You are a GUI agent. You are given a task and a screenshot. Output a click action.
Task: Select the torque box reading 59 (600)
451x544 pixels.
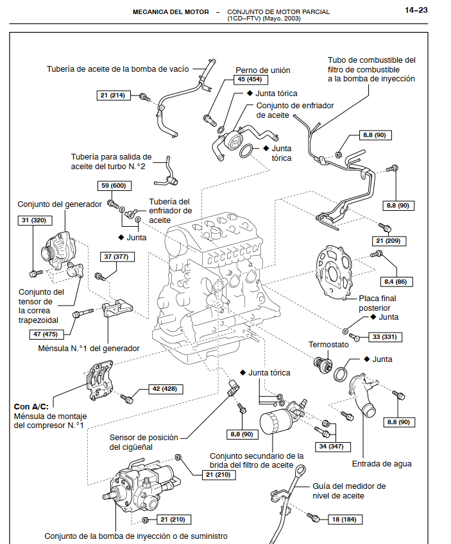[114, 186]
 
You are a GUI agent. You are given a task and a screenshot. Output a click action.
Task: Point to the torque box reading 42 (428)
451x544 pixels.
[164, 389]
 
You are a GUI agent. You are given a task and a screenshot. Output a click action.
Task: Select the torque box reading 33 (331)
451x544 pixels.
[384, 336]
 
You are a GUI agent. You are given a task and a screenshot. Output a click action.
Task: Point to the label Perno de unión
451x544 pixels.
[263, 70]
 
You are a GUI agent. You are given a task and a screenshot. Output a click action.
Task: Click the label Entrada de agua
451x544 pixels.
[382, 464]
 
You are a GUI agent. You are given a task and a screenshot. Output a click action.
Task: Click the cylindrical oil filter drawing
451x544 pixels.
[276, 430]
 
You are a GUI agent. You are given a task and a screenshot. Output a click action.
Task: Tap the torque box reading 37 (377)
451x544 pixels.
[115, 257]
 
